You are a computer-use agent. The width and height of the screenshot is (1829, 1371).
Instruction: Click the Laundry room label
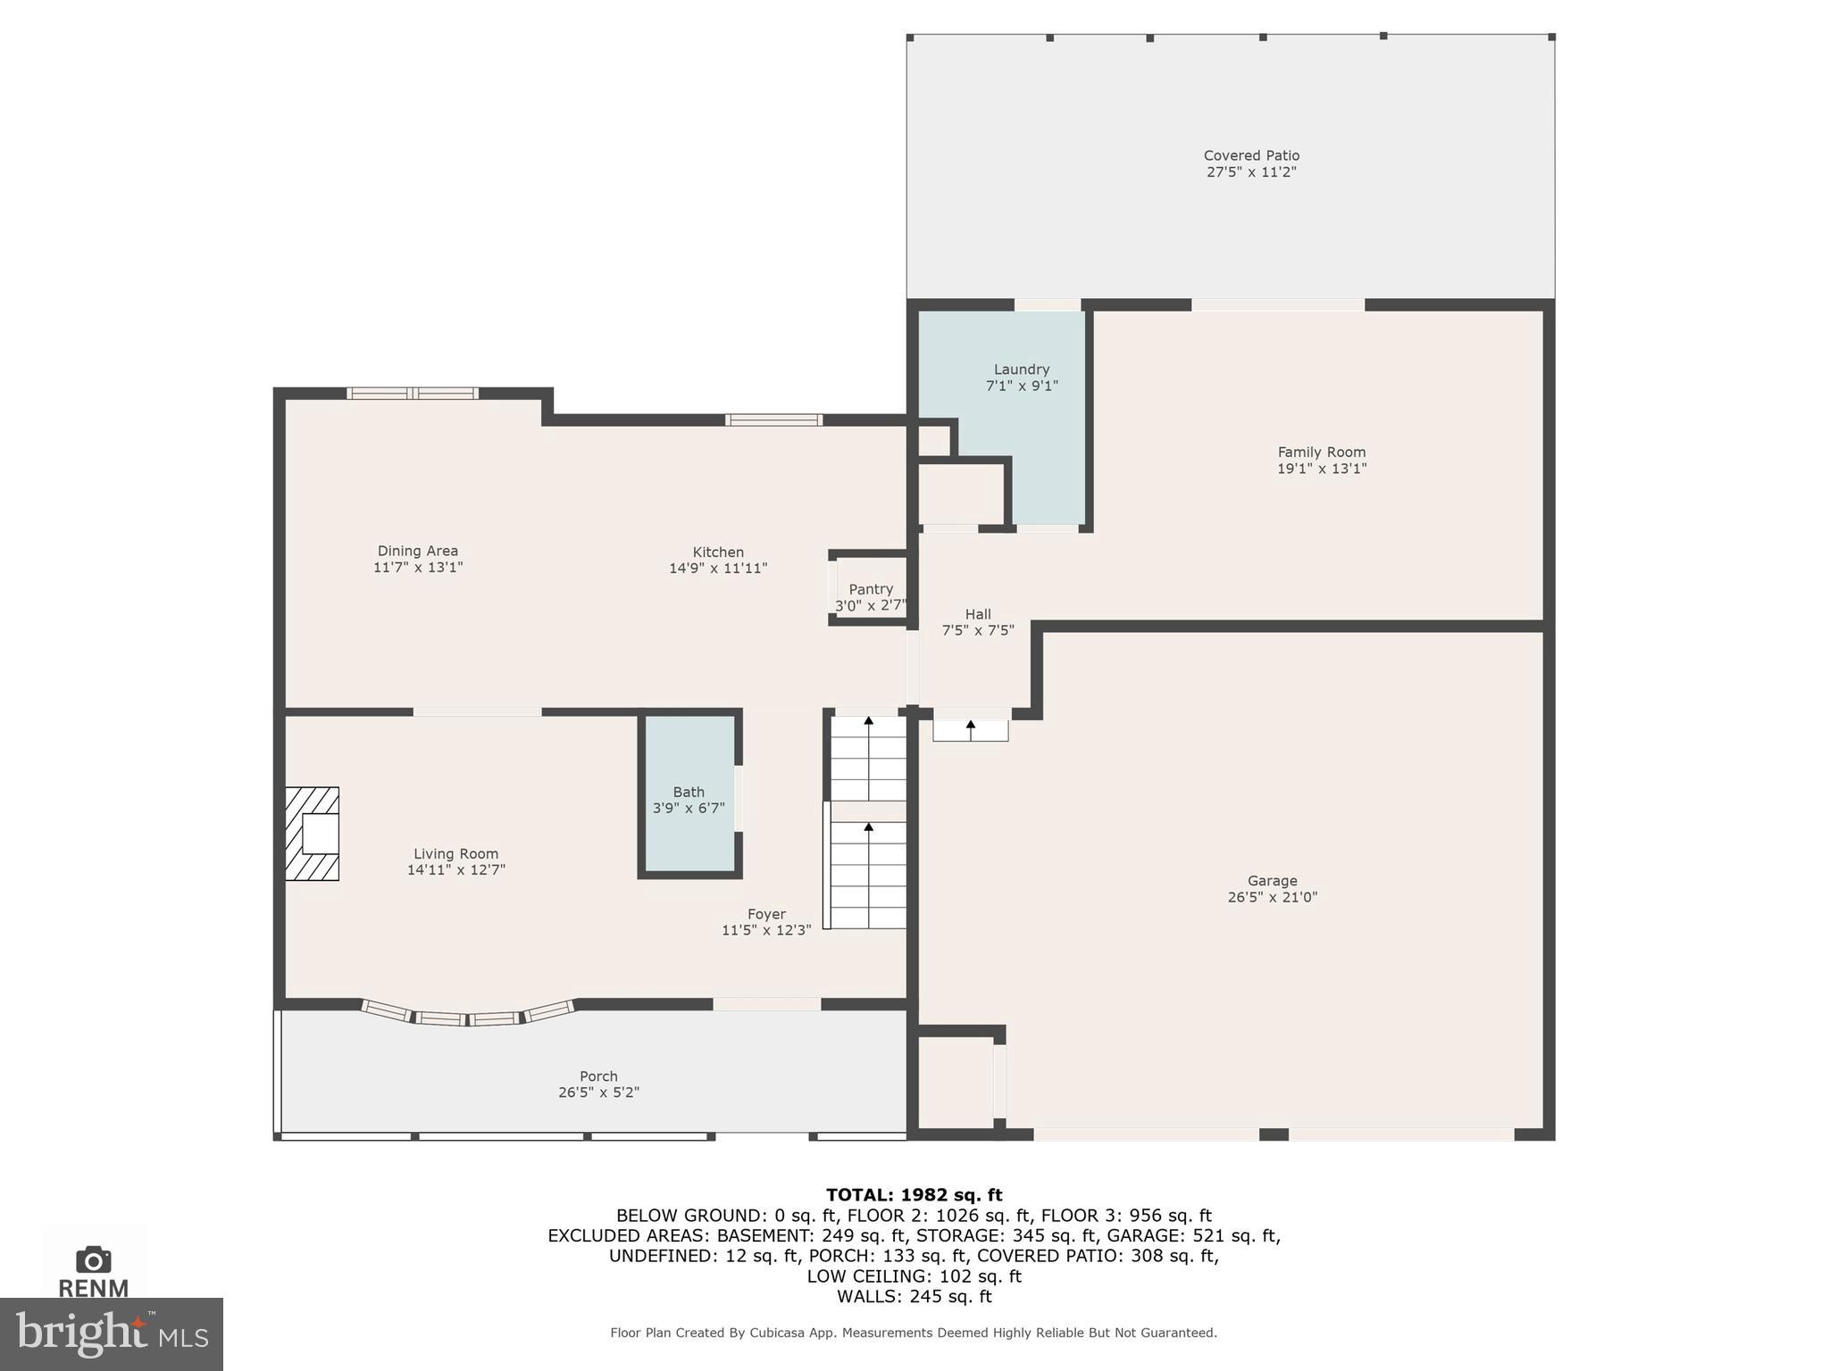(x=1021, y=370)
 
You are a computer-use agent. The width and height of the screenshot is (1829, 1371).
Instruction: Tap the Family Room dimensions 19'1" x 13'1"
(x=1321, y=469)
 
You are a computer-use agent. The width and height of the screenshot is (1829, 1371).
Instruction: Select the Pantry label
(x=870, y=589)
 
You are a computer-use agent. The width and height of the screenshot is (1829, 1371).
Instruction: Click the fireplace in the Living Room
(x=313, y=834)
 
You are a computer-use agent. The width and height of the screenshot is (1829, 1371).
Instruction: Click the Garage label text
(x=1272, y=881)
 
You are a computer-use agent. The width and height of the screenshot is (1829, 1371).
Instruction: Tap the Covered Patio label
(x=1250, y=155)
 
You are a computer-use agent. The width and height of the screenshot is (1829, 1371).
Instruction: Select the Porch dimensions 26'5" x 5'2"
(x=598, y=1093)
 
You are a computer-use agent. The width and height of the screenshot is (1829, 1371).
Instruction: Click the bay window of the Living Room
(x=468, y=1015)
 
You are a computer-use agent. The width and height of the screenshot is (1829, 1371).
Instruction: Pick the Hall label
(x=978, y=614)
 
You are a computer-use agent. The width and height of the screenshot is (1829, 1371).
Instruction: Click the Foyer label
(x=766, y=914)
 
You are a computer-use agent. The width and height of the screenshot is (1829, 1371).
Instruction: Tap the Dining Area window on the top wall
(x=412, y=393)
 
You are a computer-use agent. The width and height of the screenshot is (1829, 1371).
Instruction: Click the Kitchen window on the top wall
(x=773, y=420)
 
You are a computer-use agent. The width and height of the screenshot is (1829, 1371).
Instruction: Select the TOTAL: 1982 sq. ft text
(x=914, y=1195)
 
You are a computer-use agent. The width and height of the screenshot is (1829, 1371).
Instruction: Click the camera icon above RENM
(x=94, y=1259)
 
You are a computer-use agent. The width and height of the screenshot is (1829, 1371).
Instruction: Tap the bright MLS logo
(x=111, y=1334)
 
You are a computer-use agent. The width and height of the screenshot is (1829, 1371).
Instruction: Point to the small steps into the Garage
(x=971, y=730)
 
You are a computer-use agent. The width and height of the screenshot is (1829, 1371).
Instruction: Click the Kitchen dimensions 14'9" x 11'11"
(x=718, y=568)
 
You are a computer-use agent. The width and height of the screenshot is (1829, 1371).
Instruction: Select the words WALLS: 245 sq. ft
(x=914, y=1296)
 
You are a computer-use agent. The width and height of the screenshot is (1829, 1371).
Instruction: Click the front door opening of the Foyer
(x=766, y=1004)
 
